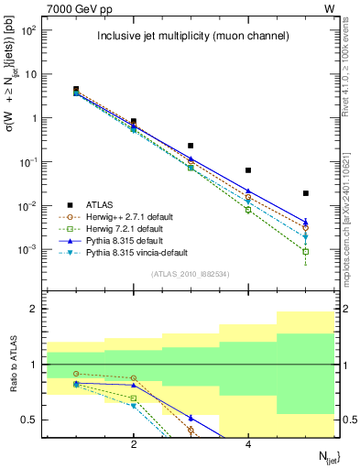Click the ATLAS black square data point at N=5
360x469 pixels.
(x=306, y=193)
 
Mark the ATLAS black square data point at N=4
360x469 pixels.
(x=248, y=170)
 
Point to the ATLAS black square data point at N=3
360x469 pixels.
(x=191, y=146)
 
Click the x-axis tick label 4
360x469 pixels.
(x=248, y=444)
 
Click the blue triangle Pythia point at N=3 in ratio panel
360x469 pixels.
(x=191, y=418)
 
